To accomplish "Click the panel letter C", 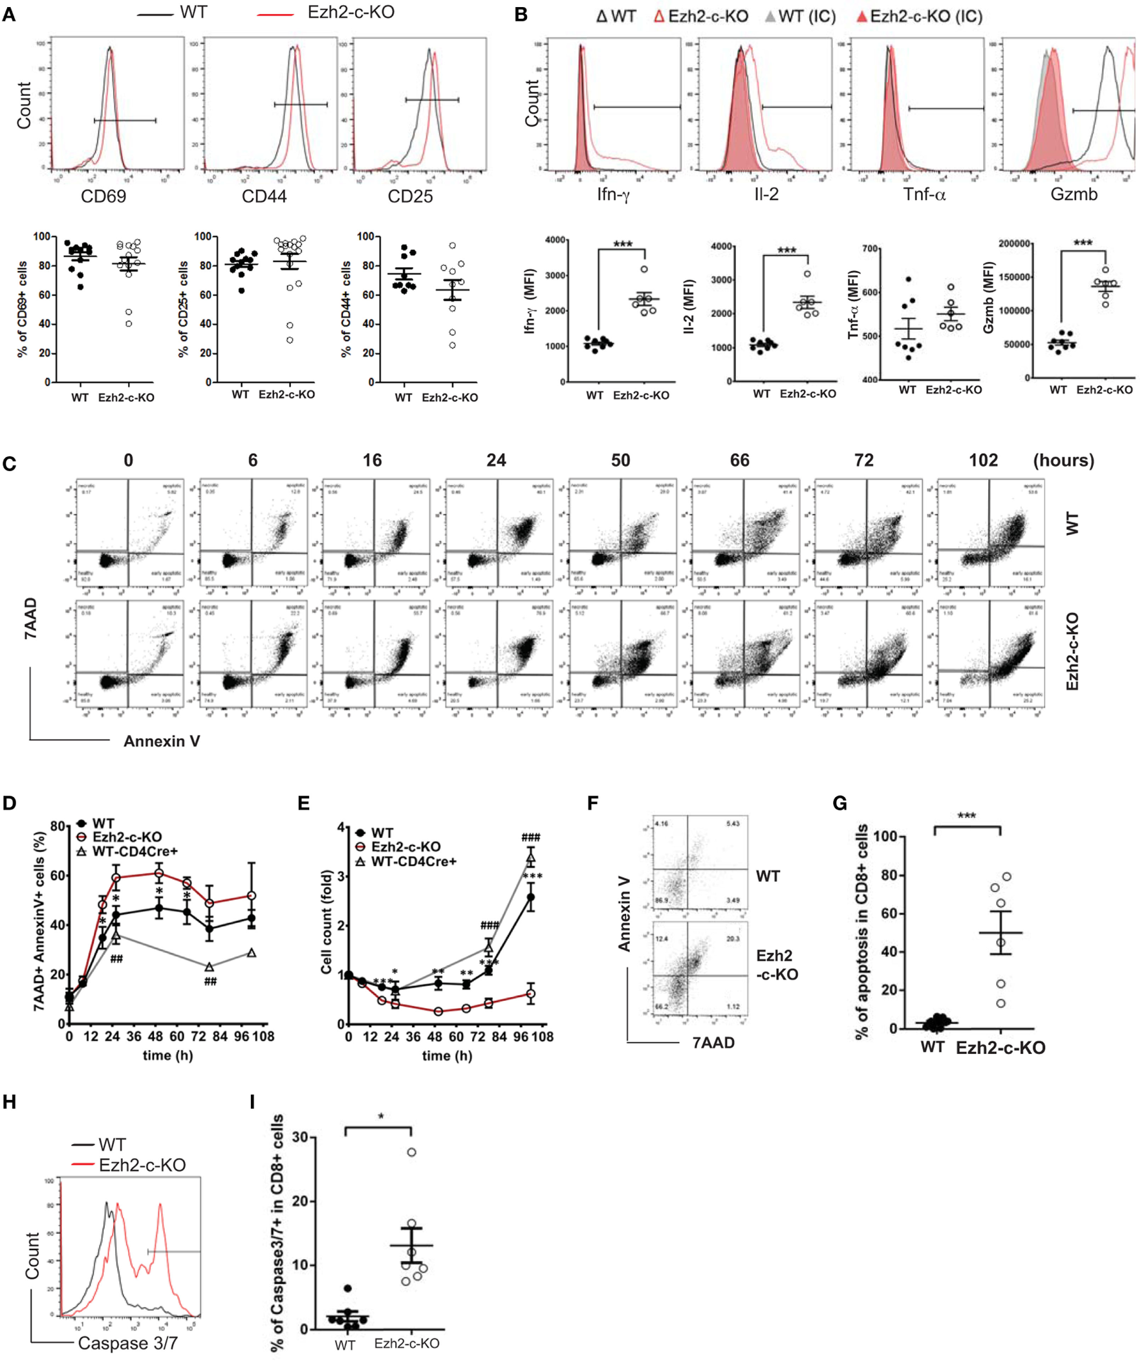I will [9, 464].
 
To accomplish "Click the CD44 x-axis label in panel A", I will [264, 196].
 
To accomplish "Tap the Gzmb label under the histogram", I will [1073, 194].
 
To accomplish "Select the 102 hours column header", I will [983, 460].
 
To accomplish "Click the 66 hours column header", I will [739, 460].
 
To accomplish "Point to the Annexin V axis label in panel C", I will [162, 741].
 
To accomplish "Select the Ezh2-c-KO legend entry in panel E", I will [406, 847].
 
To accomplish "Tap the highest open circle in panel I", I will [411, 1152].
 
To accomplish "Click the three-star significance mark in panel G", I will [967, 816].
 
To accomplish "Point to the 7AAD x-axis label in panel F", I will [713, 1043].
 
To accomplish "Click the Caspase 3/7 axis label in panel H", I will [128, 1343].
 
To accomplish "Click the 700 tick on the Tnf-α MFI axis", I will [870, 249].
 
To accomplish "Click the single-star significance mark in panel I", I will [381, 1117].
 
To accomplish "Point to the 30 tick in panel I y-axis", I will [299, 1138].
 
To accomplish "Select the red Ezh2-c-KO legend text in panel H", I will [142, 1165].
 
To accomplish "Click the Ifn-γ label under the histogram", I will [613, 194].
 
